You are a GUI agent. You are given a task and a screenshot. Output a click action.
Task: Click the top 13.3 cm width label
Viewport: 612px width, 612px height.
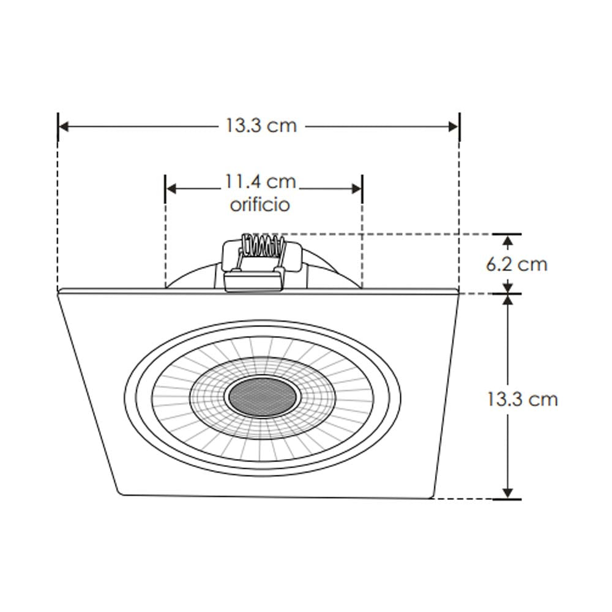(x=261, y=126)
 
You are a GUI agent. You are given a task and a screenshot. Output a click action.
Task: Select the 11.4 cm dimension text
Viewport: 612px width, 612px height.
(x=261, y=182)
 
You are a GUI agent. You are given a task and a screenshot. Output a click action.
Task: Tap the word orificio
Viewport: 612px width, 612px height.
(x=259, y=204)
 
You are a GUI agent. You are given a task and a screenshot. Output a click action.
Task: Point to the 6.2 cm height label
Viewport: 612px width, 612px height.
(x=516, y=264)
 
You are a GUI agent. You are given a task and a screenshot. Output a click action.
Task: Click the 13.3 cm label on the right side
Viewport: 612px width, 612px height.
(x=522, y=400)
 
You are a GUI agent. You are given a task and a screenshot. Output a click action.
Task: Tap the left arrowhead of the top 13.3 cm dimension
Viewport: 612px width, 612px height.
(x=64, y=127)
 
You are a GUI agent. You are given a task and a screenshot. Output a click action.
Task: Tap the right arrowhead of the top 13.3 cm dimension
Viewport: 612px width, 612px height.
(x=453, y=127)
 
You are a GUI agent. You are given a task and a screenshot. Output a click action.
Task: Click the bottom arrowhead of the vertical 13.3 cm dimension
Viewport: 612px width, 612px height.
(x=507, y=493)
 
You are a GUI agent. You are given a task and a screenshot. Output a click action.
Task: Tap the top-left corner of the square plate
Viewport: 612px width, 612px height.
(x=59, y=291)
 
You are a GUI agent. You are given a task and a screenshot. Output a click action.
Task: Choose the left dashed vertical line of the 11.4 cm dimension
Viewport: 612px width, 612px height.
(x=165, y=245)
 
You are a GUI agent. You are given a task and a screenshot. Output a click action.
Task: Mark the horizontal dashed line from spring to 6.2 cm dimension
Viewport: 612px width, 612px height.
(x=392, y=234)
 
